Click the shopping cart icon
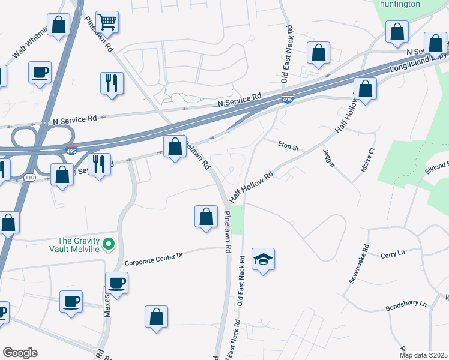107,22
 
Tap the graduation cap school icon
263,259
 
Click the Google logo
20,353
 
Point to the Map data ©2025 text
423,355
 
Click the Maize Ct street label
367,159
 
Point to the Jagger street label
328,158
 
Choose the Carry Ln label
393,254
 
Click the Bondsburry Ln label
406,306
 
